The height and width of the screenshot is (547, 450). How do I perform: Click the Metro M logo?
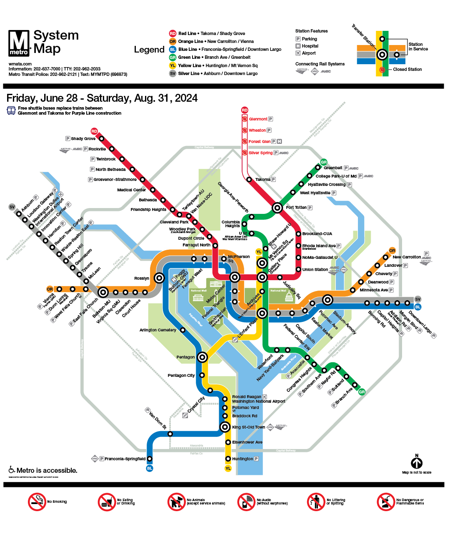(x=19, y=43)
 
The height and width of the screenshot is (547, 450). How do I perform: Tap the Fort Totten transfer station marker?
(x=277, y=208)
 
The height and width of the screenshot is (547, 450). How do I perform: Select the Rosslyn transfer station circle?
(x=159, y=278)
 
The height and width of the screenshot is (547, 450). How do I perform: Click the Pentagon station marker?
(x=202, y=357)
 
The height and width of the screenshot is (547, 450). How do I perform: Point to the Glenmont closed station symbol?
(x=245, y=119)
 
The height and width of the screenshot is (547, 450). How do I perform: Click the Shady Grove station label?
(x=83, y=138)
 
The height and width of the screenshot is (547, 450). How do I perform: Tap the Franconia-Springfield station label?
(x=125, y=459)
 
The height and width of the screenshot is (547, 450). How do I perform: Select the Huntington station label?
(x=242, y=459)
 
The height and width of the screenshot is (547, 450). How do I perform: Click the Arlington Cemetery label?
(x=157, y=330)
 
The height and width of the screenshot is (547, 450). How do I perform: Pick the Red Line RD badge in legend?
(x=172, y=33)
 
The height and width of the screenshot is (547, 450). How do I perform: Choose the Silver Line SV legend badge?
(x=172, y=73)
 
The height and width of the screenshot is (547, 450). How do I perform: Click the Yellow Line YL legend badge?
(x=172, y=65)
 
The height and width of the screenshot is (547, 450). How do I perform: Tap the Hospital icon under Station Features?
(x=298, y=46)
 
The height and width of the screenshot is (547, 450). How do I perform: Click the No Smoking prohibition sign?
(x=37, y=502)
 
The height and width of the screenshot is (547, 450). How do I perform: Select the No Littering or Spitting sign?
(x=316, y=502)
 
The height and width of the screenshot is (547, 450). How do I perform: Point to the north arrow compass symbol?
(x=417, y=463)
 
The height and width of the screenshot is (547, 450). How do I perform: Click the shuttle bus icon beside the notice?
(x=11, y=110)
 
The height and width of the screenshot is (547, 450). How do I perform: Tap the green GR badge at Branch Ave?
(x=362, y=392)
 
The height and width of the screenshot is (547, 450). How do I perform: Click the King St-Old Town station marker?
(x=225, y=427)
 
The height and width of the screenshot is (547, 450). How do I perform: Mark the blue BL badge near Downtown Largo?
(x=418, y=307)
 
